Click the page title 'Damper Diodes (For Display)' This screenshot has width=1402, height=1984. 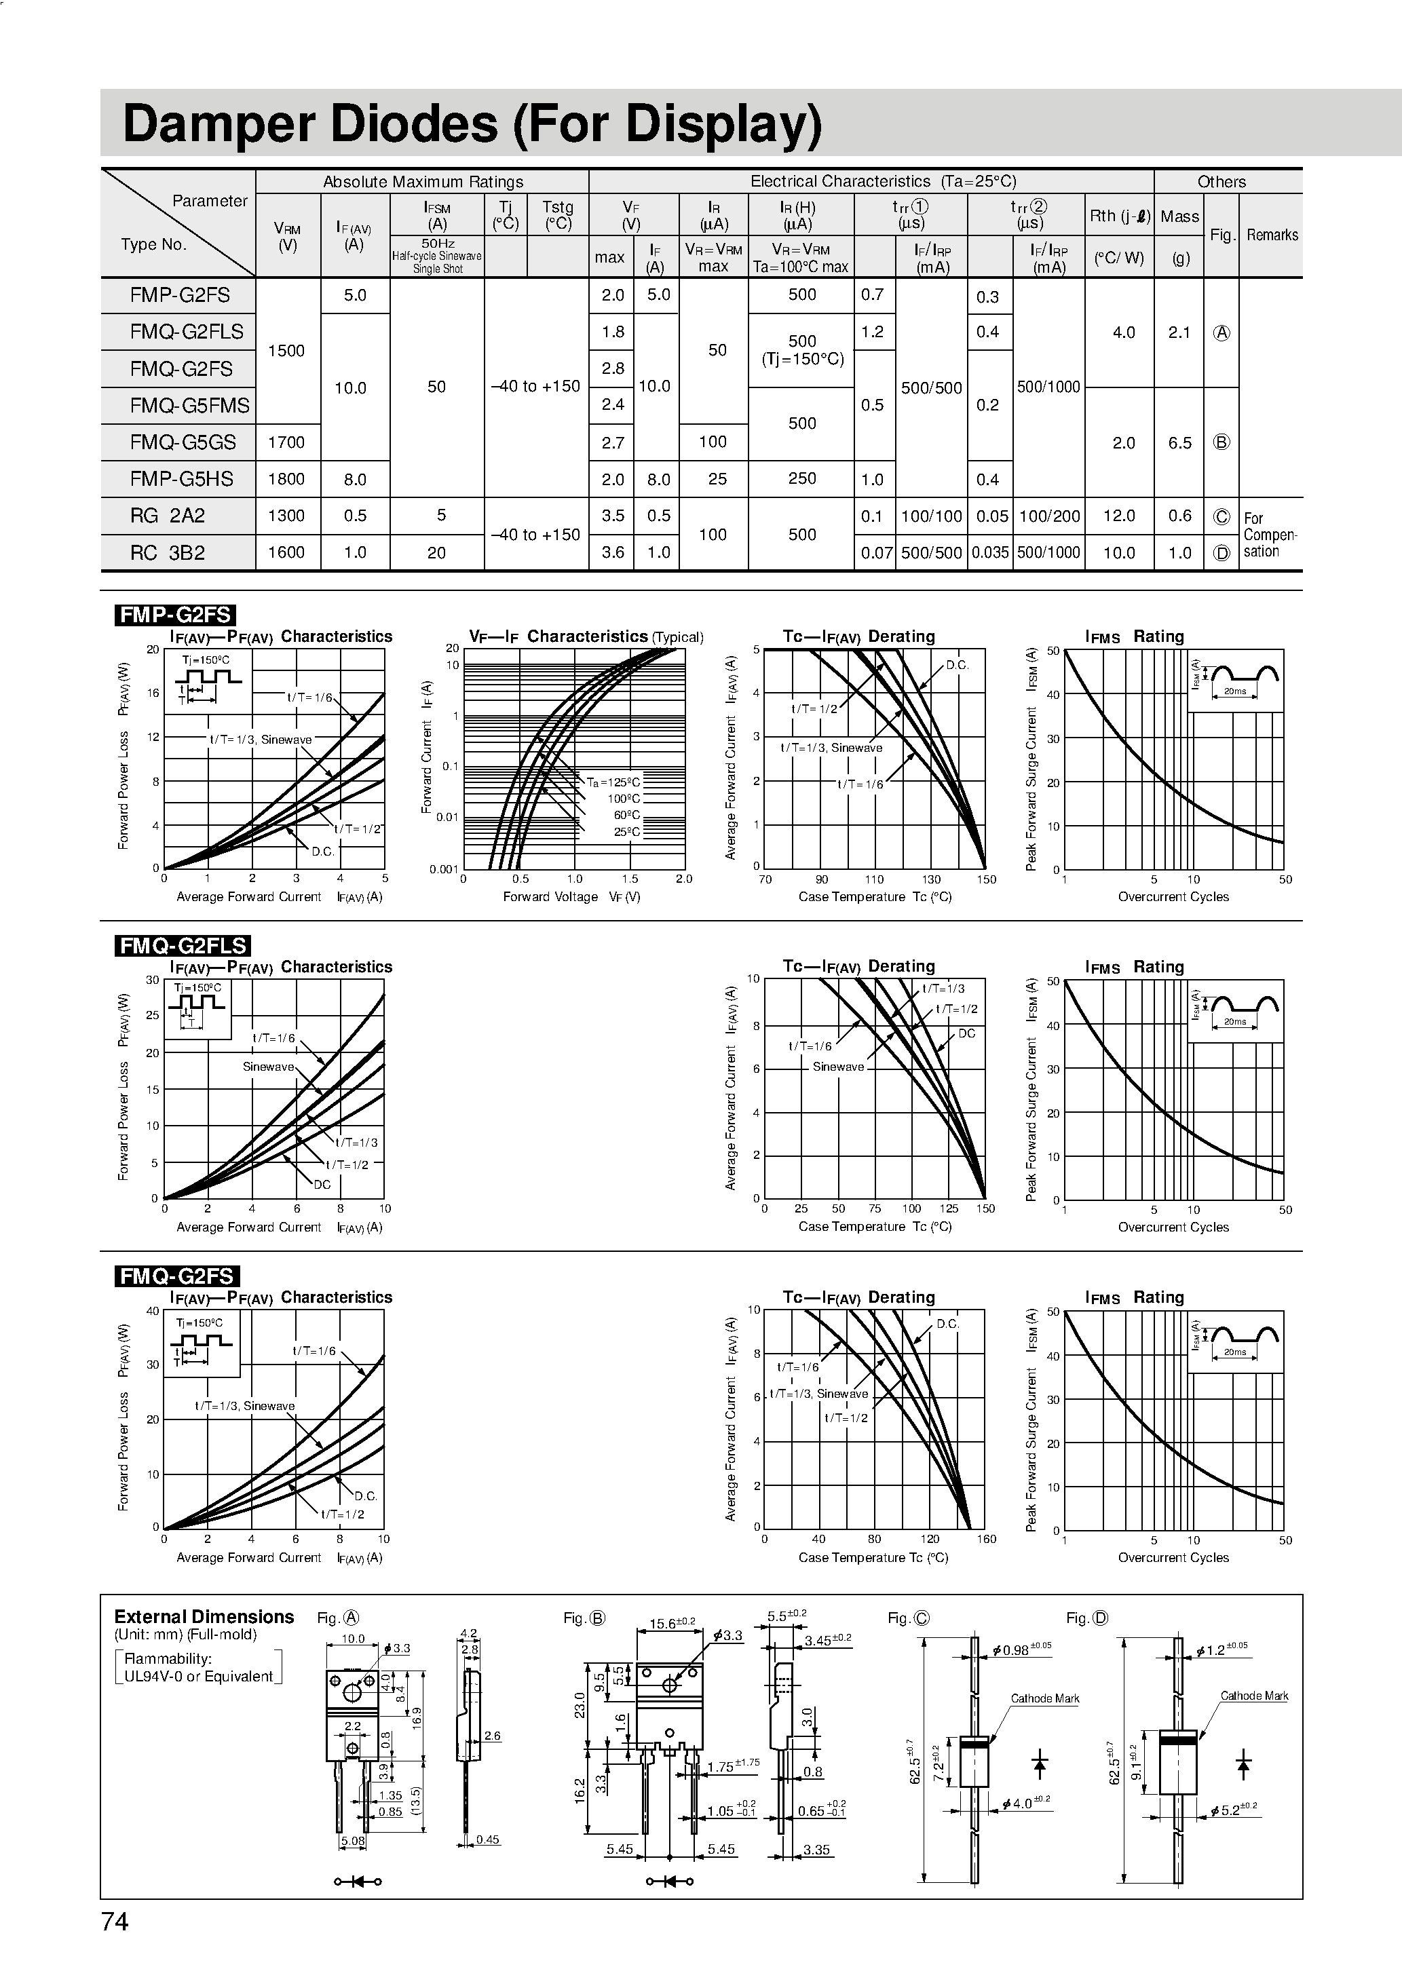(x=472, y=123)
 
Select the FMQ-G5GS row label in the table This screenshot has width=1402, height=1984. (x=183, y=442)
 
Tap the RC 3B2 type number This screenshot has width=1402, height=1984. (x=168, y=553)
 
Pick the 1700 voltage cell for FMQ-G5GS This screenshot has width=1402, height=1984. (x=286, y=442)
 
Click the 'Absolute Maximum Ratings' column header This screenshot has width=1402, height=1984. (x=423, y=181)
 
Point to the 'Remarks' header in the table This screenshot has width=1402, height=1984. (x=1272, y=235)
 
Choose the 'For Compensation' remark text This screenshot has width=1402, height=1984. (x=1270, y=535)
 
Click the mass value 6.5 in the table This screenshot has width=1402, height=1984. (x=1180, y=442)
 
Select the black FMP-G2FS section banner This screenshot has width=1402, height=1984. (x=174, y=614)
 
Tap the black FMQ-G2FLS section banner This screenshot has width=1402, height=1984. (x=183, y=945)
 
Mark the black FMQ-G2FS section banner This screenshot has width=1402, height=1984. (x=176, y=1276)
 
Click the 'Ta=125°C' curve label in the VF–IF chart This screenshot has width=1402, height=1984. (x=613, y=783)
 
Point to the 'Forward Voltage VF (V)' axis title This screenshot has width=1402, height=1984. (x=571, y=897)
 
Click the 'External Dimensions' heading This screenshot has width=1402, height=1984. (x=204, y=1617)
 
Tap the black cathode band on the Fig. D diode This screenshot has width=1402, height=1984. (x=1177, y=1734)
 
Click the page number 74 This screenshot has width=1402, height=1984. (x=115, y=1921)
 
